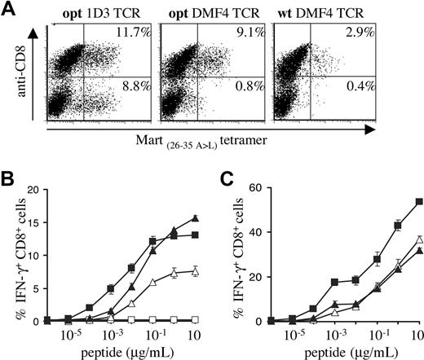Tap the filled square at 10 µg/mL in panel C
click(418, 200)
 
